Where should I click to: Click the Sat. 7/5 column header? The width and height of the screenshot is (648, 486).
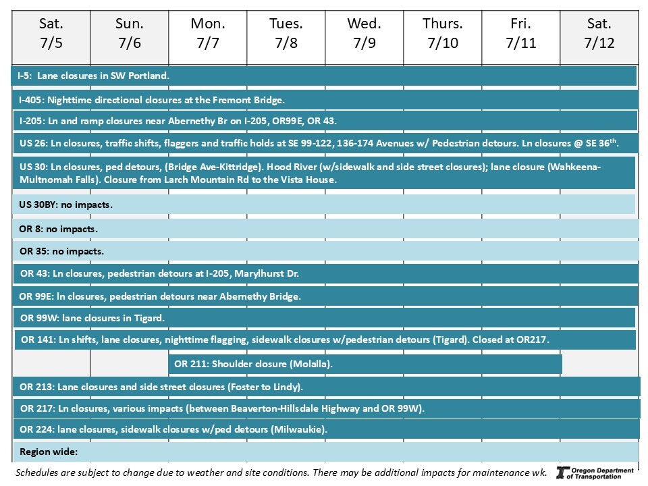51,34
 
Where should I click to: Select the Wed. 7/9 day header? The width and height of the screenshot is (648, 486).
364,34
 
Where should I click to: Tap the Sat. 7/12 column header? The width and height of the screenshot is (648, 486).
599,34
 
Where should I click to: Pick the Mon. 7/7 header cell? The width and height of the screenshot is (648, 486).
207,34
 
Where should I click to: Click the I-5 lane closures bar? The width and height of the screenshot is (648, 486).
324,76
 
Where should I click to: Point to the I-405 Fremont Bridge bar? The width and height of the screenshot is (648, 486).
324,100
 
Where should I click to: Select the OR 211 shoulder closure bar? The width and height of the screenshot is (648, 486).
364,364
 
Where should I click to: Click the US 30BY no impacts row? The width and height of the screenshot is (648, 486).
324,204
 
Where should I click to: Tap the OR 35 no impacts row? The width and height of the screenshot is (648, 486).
324,251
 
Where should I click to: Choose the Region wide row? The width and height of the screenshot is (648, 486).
324,451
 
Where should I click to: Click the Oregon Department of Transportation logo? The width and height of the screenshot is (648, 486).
595,473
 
